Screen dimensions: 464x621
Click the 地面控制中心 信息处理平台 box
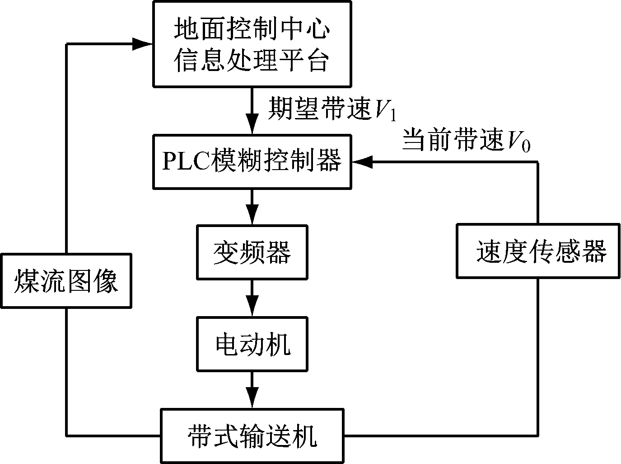(252, 43)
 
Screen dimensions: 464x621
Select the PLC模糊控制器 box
(252, 161)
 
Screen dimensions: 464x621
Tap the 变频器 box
(252, 252)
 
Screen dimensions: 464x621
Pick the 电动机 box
(252, 344)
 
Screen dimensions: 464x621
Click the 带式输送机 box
(252, 436)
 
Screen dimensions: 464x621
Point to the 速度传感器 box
(537, 251)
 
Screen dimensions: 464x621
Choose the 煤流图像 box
(66, 281)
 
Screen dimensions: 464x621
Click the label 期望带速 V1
(332, 110)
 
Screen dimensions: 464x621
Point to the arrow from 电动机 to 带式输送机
(252, 389)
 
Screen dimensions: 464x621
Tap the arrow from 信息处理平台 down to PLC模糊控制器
(252, 110)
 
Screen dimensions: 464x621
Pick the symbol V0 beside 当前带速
(518, 142)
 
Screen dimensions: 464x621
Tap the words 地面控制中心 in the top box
(252, 29)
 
